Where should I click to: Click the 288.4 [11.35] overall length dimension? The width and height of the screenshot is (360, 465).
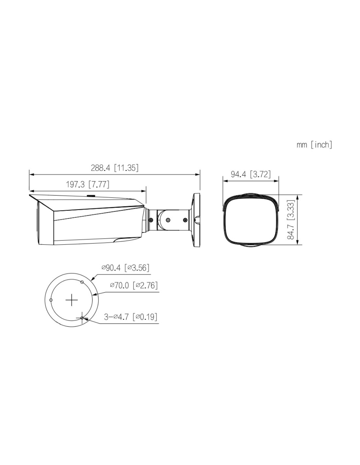[115, 168]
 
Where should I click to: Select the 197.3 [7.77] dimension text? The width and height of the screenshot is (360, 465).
[87, 184]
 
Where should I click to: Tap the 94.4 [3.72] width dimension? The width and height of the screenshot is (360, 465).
[251, 174]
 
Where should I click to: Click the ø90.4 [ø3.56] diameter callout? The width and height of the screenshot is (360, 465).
[125, 267]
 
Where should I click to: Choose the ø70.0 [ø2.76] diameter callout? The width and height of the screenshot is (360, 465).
[134, 285]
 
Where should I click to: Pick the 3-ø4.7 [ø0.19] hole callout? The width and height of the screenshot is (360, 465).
[131, 317]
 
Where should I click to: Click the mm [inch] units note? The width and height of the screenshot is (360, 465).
[314, 145]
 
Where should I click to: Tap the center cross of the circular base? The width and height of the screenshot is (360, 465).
[72, 300]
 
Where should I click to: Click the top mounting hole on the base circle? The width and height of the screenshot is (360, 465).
[82, 282]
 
